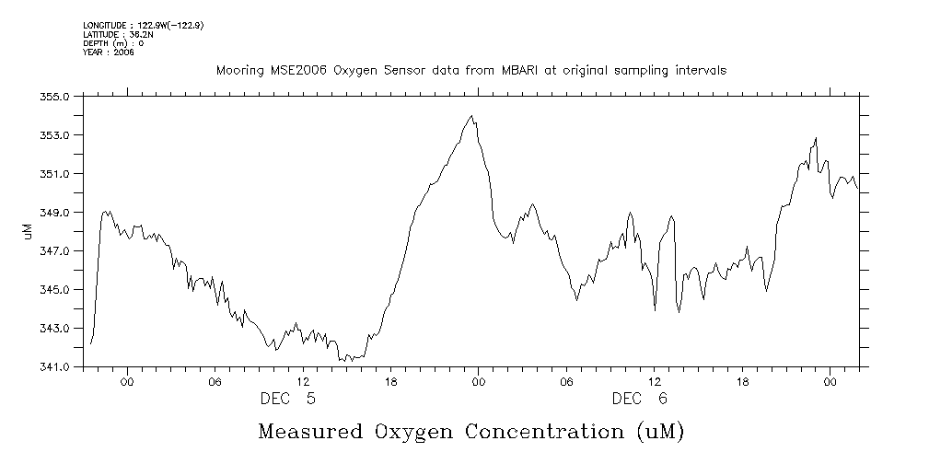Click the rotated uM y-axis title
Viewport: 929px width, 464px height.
[28, 232]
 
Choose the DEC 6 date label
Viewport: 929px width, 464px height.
[640, 399]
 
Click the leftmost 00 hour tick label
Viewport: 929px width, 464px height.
[127, 381]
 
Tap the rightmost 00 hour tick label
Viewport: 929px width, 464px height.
[830, 381]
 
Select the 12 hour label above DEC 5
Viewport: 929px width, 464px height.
[303, 381]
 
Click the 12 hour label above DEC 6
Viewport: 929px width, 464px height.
[655, 381]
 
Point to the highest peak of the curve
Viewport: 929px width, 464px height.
[471, 117]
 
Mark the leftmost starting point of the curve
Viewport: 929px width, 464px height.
[91, 343]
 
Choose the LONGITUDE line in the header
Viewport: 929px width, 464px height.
[143, 25]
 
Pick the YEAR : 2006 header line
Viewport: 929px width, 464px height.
[109, 52]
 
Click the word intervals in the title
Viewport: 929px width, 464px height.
[700, 70]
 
